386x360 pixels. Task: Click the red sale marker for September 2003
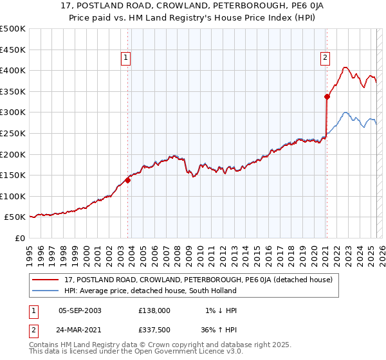click(127, 181)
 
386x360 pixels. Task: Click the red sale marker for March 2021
click(327, 97)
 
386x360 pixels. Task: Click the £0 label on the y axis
click(20, 238)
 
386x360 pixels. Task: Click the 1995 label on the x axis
click(30, 251)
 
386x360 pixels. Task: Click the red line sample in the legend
click(46, 280)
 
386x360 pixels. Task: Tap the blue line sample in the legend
click(46, 291)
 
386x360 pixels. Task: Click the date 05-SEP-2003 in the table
click(80, 310)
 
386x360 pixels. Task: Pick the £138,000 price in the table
click(154, 310)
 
